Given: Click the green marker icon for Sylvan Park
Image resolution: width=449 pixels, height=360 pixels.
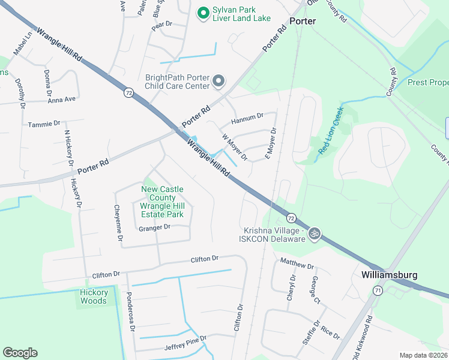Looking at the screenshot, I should pyautogui.click(x=203, y=12).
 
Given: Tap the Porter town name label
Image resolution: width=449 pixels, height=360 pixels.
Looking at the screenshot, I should pyautogui.click(x=303, y=21).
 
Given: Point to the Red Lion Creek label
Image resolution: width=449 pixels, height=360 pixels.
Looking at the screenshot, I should pyautogui.click(x=331, y=131).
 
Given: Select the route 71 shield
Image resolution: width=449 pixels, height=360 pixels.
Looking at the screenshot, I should pyautogui.click(x=378, y=290).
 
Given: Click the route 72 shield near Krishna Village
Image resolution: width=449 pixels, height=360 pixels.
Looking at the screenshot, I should pyautogui.click(x=291, y=217).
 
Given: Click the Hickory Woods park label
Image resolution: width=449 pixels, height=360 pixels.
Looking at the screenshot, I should pyautogui.click(x=94, y=296).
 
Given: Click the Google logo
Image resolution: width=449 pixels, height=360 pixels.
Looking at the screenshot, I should pyautogui.click(x=20, y=353).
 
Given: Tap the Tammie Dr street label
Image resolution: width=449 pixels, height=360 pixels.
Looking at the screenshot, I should pyautogui.click(x=44, y=124).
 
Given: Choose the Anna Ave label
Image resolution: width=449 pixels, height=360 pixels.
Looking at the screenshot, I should pyautogui.click(x=62, y=99).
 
